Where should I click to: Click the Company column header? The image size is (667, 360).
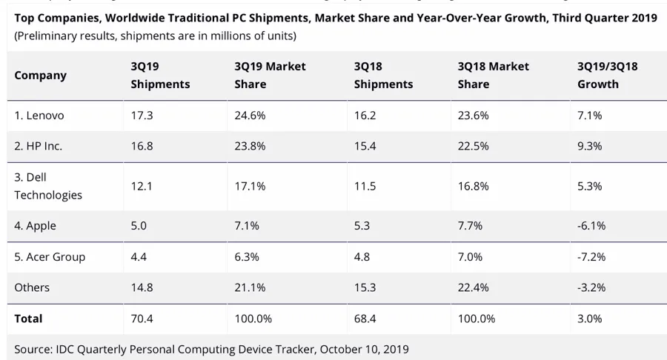[40, 76]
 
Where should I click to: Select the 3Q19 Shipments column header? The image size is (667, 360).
[160, 76]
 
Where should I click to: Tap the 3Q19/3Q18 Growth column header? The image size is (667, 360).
[607, 76]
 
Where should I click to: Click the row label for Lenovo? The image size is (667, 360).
[39, 116]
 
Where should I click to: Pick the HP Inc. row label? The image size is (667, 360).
[39, 146]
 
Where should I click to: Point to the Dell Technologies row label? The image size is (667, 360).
[48, 186]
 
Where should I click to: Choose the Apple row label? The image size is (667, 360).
[36, 226]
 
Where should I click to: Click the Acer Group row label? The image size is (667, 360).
[50, 256]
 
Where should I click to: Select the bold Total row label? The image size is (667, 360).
[29, 319]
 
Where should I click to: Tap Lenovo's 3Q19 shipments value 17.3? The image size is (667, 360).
[142, 116]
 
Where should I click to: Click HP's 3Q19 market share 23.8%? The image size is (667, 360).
[250, 146]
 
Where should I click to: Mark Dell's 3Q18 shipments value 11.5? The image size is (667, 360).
[365, 186]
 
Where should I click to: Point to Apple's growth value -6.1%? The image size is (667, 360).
[591, 226]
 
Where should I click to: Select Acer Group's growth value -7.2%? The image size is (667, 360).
[591, 256]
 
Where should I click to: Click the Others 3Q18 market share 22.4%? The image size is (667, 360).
[473, 287]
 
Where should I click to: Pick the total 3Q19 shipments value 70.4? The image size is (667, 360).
[142, 319]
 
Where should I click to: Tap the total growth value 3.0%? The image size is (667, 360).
[590, 319]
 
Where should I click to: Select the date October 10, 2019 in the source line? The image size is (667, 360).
[364, 349]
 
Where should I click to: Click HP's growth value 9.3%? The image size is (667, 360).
[590, 146]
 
